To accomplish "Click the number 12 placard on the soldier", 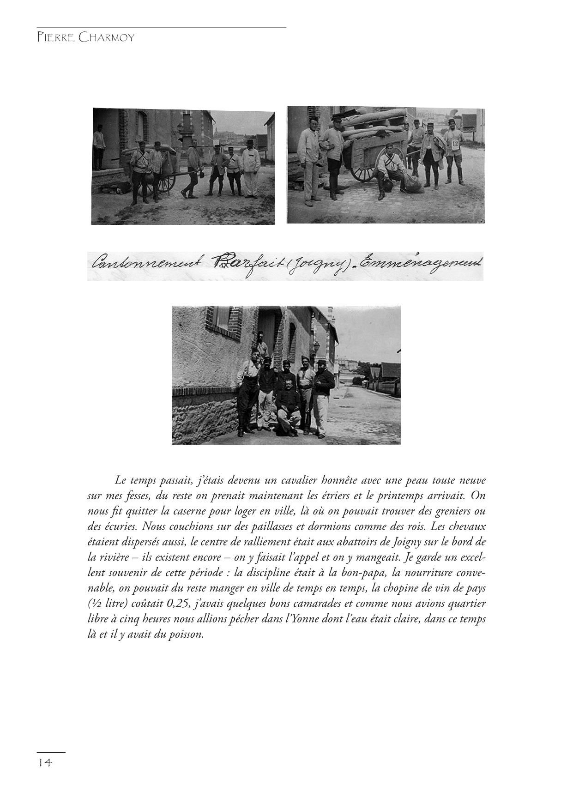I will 455,144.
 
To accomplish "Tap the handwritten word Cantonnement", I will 147,264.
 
